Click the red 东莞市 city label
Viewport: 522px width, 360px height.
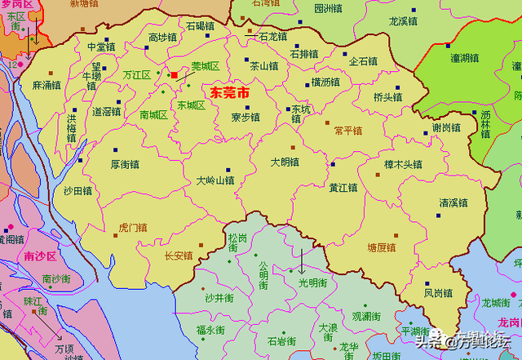pos(230,93)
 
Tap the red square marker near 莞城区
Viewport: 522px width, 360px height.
pos(174,75)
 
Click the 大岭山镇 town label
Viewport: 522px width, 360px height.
pos(215,180)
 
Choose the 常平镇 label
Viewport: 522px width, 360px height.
pos(348,131)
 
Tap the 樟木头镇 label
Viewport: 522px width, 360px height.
pos(403,164)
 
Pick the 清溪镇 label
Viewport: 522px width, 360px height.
pos(454,202)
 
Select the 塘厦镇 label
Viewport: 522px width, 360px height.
pos(381,247)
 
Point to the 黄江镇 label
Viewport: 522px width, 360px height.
pos(343,187)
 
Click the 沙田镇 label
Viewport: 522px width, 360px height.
pos(77,190)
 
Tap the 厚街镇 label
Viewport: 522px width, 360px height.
pos(126,163)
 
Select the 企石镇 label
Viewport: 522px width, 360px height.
pos(363,61)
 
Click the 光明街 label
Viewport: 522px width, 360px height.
pos(312,282)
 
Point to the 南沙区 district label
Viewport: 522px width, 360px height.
pos(39,256)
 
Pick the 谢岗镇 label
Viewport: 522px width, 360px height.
pos(446,127)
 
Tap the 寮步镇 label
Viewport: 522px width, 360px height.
pos(245,117)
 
